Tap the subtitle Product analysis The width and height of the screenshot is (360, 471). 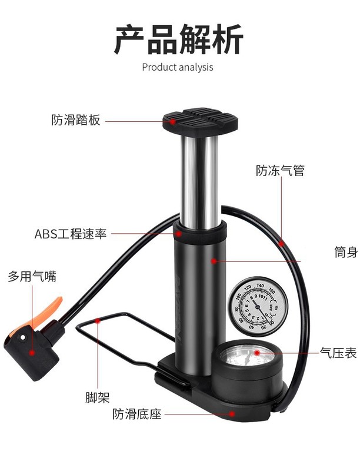click(x=178, y=67)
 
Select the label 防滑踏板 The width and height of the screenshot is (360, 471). click(x=76, y=120)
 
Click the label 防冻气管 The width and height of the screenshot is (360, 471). click(x=280, y=171)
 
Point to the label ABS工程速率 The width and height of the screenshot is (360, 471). click(x=71, y=234)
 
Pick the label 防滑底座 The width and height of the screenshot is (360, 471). click(x=137, y=414)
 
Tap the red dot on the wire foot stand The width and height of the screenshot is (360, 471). click(x=98, y=321)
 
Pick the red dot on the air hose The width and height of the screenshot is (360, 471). click(x=281, y=242)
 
